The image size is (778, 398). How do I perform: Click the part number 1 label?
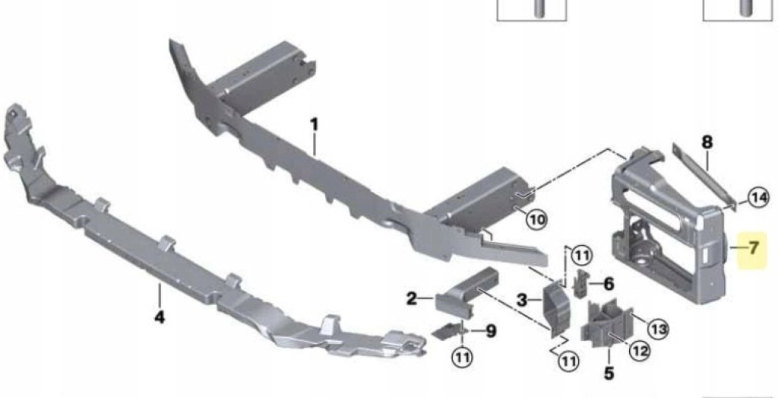tap(314, 125)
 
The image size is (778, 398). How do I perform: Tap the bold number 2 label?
tap(412, 298)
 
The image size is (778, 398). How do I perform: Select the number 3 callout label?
tap(522, 300)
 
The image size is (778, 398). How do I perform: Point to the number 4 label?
tap(160, 317)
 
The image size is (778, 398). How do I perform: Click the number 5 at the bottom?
tap(609, 373)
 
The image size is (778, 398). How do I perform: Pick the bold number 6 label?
tap(609, 284)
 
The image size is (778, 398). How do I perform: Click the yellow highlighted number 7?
tap(754, 247)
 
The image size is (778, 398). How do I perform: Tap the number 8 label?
tap(707, 142)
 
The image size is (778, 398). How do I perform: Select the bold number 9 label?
tap(491, 331)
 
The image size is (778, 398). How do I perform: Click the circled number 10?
tap(536, 219)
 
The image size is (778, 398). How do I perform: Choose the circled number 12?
tap(639, 352)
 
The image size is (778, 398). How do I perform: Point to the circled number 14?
tap(757, 199)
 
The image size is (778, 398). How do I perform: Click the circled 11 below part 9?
tap(462, 357)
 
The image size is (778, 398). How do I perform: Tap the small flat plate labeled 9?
tap(448, 330)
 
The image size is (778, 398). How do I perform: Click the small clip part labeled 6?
tap(580, 285)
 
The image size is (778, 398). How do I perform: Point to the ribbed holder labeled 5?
tap(608, 322)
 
